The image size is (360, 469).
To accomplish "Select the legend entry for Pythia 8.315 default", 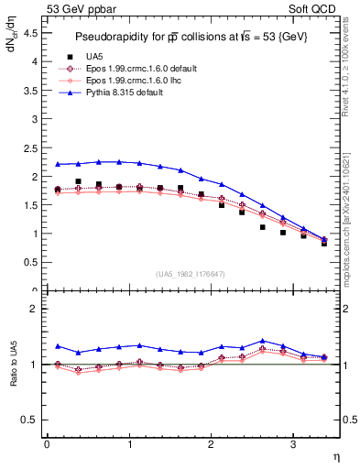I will point(125,92).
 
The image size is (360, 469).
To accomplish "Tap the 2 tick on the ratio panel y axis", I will point(34,309).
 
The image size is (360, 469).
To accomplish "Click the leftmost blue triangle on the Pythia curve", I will point(58,164).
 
